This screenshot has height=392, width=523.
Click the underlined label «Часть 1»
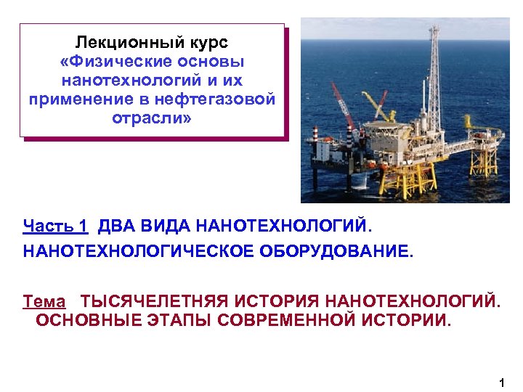point(55,226)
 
